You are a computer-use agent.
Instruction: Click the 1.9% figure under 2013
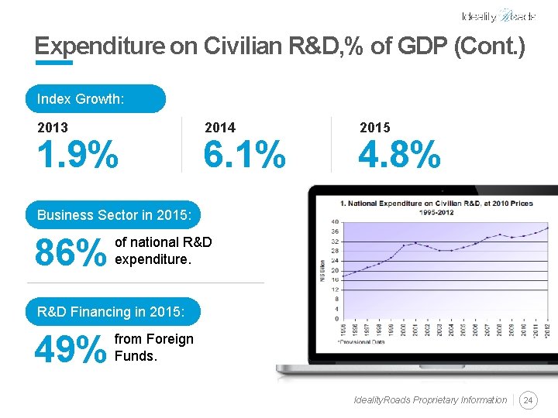(77, 156)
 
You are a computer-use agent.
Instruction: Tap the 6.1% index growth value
(244, 156)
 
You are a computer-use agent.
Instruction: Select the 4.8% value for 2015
(399, 156)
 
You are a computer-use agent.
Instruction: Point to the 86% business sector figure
(71, 252)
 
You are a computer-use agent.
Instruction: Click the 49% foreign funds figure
(71, 350)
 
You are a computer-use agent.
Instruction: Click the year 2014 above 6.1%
(219, 128)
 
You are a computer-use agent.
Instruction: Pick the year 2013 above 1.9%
(53, 128)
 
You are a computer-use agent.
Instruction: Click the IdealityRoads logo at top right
(498, 16)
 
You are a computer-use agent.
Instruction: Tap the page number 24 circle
(529, 400)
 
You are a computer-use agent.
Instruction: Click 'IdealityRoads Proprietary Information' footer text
(430, 400)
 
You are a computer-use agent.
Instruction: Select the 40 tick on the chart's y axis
(334, 222)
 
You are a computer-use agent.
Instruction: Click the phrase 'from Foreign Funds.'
(153, 348)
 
